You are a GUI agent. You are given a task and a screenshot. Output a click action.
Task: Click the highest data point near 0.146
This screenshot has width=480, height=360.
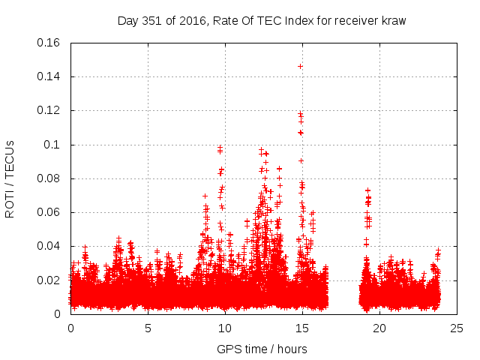click(x=300, y=66)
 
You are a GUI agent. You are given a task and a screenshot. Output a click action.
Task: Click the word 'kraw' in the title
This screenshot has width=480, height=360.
click(x=391, y=20)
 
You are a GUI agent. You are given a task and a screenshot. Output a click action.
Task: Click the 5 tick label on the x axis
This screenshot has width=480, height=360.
click(x=148, y=328)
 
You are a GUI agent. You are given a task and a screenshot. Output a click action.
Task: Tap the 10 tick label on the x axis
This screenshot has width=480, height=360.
click(x=225, y=328)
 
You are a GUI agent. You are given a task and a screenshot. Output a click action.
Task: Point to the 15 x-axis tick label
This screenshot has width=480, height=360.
click(x=302, y=328)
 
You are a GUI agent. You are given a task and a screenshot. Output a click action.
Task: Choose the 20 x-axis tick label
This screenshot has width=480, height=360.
click(x=379, y=328)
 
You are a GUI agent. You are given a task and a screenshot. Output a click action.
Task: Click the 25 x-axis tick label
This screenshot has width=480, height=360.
click(x=457, y=328)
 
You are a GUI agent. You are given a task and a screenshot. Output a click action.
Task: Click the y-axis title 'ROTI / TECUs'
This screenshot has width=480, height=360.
click(x=10, y=178)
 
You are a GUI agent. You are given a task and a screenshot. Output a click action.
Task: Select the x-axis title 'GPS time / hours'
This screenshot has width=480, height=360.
click(x=262, y=349)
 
